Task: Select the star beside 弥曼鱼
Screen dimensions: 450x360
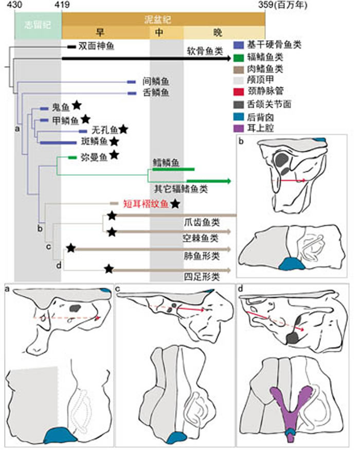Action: click(114, 155)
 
